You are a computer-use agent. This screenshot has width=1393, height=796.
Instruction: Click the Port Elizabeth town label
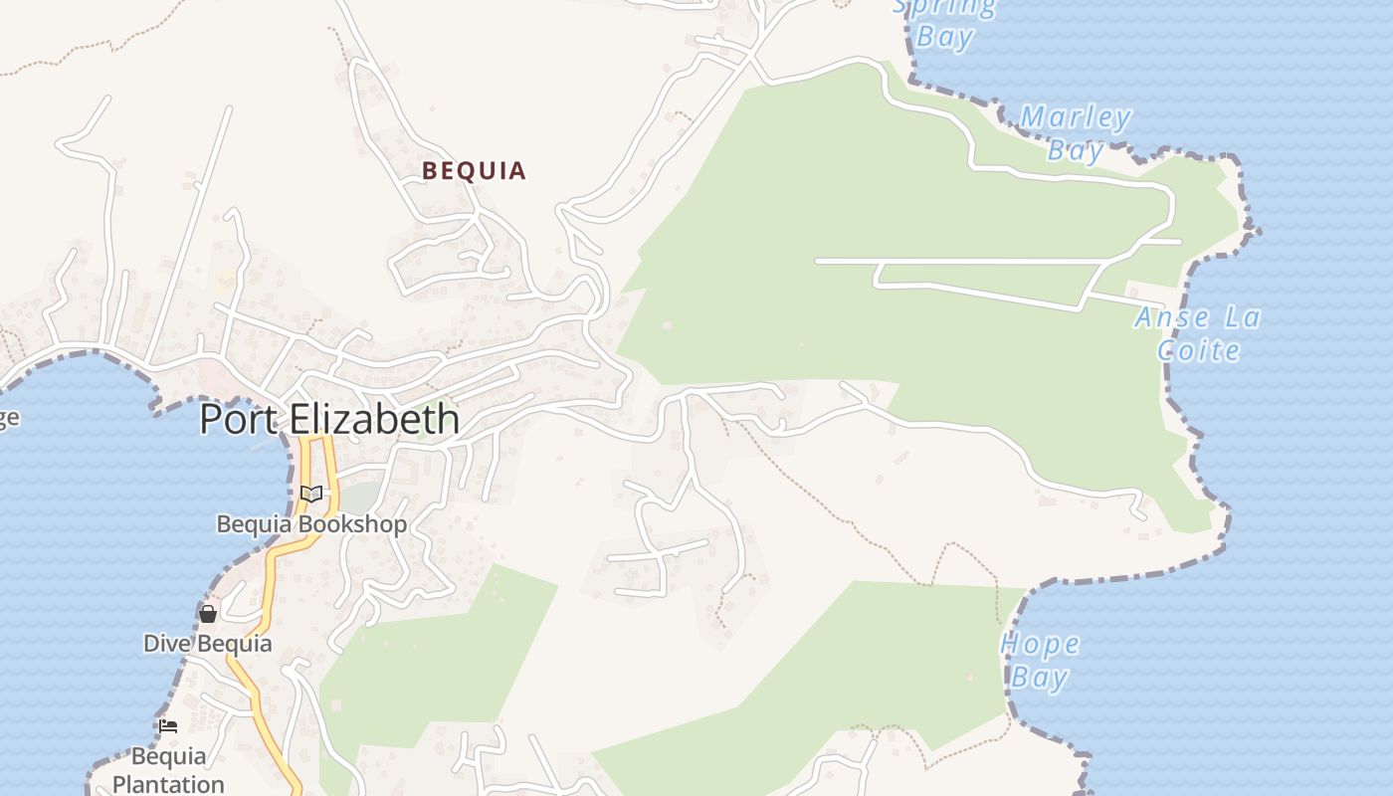(329, 419)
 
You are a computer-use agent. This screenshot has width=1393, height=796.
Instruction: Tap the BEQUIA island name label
(474, 171)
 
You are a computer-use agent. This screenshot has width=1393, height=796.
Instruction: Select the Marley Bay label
(1076, 133)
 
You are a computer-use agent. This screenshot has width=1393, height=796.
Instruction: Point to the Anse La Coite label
(1198, 333)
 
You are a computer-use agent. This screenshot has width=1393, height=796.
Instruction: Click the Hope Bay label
(1040, 661)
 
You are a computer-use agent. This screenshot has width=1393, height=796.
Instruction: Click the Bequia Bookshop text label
(311, 524)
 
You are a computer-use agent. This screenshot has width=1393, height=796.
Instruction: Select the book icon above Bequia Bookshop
(311, 494)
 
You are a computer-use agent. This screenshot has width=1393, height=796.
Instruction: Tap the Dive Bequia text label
(207, 643)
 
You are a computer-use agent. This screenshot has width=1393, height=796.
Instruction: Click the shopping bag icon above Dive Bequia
(208, 614)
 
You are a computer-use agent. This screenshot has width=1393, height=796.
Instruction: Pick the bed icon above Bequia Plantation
(168, 726)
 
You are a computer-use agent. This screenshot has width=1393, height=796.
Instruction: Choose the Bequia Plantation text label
(168, 770)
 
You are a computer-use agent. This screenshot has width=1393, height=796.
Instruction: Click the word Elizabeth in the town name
(374, 419)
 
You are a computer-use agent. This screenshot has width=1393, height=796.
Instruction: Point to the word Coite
(1198, 350)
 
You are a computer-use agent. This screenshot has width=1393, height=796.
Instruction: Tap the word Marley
(1076, 118)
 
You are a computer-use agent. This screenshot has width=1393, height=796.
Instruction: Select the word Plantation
(168, 784)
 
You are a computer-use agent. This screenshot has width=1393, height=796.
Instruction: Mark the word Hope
(1040, 645)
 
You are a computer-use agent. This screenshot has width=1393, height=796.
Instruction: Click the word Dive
(165, 643)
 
